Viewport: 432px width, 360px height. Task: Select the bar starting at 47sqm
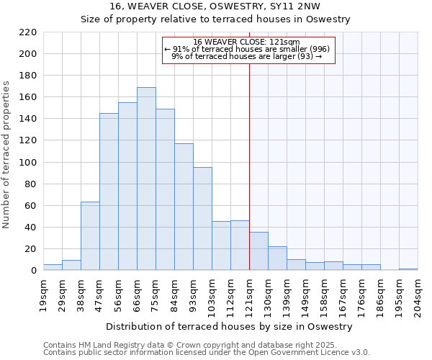coord(109,192)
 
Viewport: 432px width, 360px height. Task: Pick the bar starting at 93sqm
coord(202,219)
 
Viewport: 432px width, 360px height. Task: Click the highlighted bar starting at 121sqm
coord(258,251)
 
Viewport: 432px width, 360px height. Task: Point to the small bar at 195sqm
coord(408,269)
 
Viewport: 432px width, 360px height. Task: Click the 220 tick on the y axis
coord(28,32)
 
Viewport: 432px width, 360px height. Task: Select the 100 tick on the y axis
coord(28,162)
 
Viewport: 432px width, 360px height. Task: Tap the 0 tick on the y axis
coord(33,271)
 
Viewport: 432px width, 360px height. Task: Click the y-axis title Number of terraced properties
coord(6,155)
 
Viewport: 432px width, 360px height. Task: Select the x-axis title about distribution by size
coord(234,326)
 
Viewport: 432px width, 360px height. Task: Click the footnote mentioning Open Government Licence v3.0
coord(207,353)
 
